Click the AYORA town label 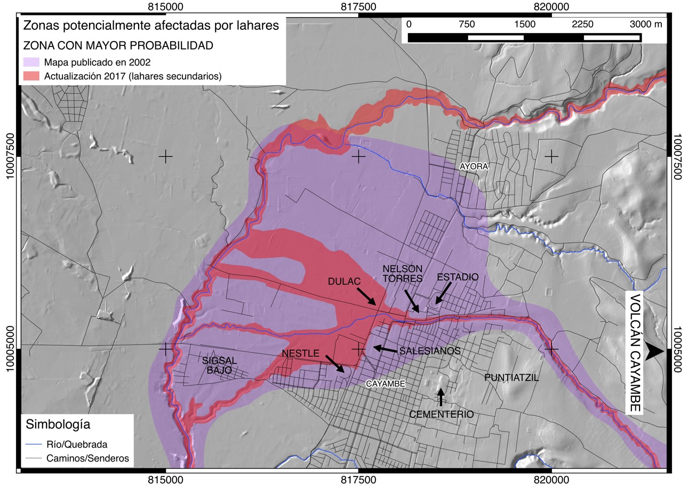coord(474,167)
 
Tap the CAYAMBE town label coord(386,384)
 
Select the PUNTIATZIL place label coord(511,378)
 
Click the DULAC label coord(344,281)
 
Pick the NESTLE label coord(301,353)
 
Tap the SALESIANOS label coord(429,351)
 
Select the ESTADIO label coord(457,277)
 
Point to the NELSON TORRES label coord(403,273)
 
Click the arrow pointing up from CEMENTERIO coord(441,397)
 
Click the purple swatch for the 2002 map coord(31,62)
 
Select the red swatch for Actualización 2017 coord(31,76)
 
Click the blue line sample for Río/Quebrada coord(34,444)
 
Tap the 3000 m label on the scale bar coord(645,24)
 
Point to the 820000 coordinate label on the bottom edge coord(551,480)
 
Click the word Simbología coord(58,424)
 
